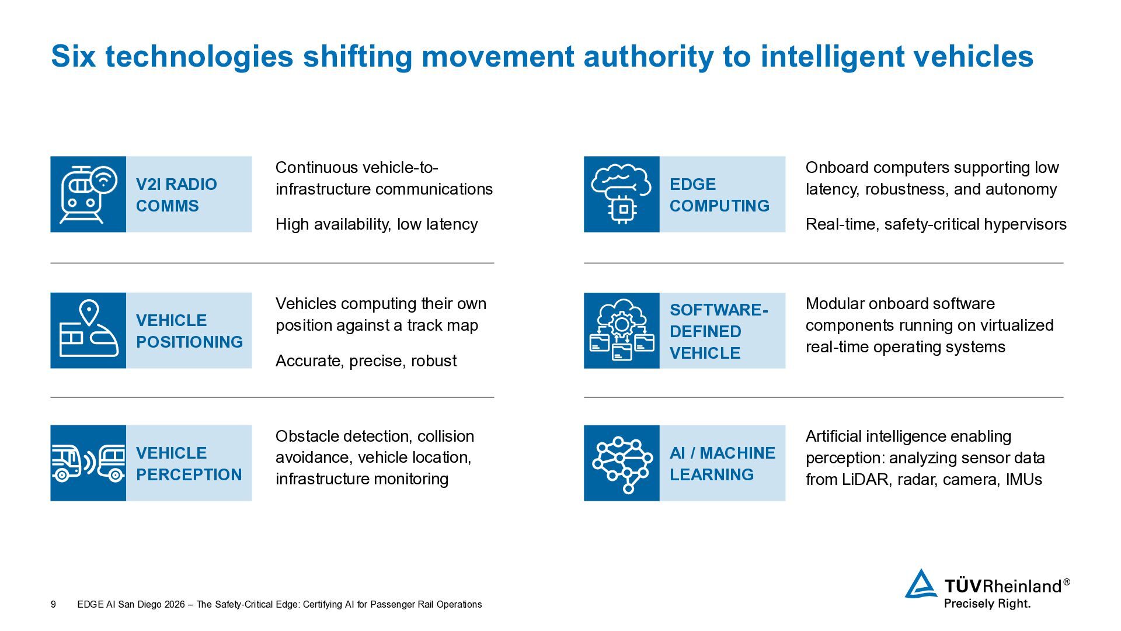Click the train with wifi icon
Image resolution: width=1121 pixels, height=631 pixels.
(88, 194)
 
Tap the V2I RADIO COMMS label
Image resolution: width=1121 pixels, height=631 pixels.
(176, 195)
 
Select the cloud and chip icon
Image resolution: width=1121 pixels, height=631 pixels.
(621, 194)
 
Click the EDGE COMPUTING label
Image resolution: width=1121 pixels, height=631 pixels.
(719, 195)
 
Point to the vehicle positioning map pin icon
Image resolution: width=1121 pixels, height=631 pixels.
(88, 330)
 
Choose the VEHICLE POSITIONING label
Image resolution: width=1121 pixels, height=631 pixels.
(189, 331)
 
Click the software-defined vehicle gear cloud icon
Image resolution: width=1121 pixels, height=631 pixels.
(621, 330)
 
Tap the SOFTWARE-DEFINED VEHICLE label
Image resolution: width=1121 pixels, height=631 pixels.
(718, 331)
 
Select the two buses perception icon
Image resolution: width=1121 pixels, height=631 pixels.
(88, 463)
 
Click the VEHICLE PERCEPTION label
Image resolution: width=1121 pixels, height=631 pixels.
(189, 464)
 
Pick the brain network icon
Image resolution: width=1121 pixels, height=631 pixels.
(621, 463)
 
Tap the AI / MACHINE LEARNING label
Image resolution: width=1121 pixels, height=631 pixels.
(722, 464)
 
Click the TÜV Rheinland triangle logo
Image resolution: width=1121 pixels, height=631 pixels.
(921, 584)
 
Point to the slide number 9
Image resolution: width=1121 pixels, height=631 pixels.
(53, 605)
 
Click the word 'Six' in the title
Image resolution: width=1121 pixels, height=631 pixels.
(73, 57)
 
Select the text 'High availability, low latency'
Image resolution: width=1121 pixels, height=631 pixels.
(377, 224)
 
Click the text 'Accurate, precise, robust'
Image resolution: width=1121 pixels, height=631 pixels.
(366, 361)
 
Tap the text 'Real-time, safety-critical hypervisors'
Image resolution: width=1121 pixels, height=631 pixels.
(936, 224)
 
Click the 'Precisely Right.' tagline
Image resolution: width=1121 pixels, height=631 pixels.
(987, 604)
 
